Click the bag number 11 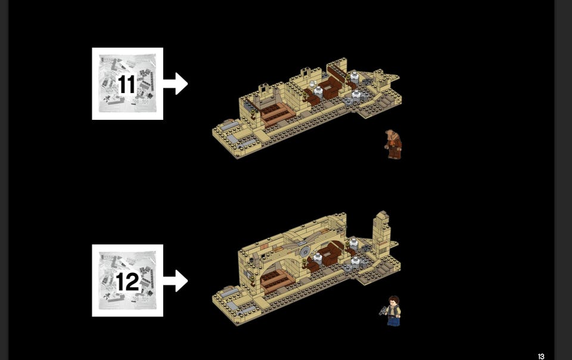pos(127,84)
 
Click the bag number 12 pos(128,281)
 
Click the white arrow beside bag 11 pos(175,83)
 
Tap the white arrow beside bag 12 pos(175,281)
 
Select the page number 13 pos(541,356)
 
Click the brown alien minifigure pos(393,144)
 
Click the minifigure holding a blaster pos(391,311)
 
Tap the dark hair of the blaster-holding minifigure pos(394,300)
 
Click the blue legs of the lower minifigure pos(393,321)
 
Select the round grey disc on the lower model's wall pos(304,251)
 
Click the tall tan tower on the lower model pos(381,234)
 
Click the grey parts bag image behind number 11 pos(128,83)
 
